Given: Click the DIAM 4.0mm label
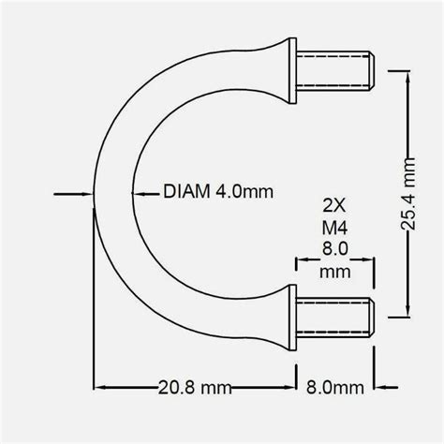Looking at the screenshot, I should [x=217, y=194].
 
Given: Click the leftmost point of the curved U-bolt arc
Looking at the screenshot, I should [x=95, y=194].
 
